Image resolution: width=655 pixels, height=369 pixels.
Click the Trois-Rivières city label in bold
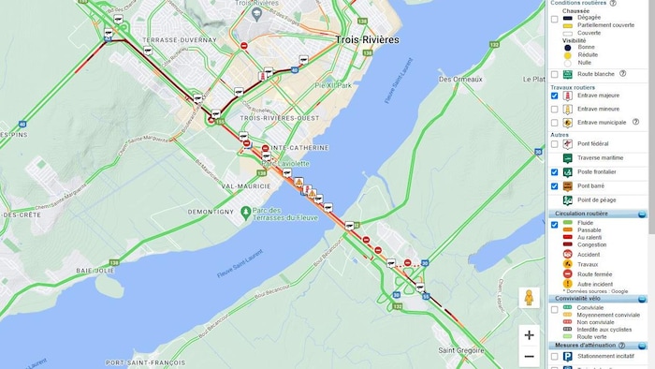tap(367, 40)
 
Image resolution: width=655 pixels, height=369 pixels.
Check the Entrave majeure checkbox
tap(555, 96)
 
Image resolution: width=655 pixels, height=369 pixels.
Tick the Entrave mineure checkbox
tap(555, 109)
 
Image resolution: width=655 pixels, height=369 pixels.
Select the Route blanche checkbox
tap(555, 73)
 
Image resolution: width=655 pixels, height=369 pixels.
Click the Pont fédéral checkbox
tap(555, 144)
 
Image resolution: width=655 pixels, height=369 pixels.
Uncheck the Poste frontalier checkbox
tap(555, 172)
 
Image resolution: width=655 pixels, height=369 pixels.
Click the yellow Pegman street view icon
tap(530, 298)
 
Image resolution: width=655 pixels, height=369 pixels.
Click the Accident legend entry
tap(590, 253)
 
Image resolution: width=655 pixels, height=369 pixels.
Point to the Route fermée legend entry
tap(593, 273)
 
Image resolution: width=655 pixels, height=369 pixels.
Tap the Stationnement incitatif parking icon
tap(567, 356)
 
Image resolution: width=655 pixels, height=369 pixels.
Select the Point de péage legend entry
tap(598, 199)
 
